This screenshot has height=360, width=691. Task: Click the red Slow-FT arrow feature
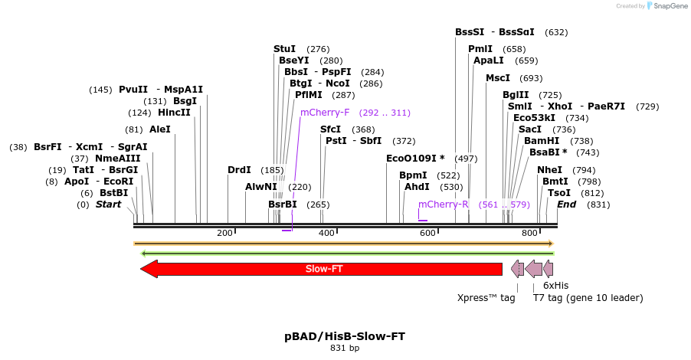[322, 269]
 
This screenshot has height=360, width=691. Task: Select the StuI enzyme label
[284, 49]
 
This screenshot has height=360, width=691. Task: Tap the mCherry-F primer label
[325, 113]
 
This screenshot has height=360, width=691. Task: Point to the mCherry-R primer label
[443, 205]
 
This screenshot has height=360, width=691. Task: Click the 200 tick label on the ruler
[224, 233]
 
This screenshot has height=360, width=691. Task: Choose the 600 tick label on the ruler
[427, 233]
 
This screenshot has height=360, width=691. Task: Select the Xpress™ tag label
[486, 298]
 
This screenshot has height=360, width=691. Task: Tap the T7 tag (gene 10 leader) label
[588, 298]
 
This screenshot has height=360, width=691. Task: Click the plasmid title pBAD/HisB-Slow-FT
[345, 336]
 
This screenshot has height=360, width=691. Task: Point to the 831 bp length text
[345, 348]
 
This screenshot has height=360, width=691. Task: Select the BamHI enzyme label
[542, 141]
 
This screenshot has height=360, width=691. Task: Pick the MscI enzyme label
[498, 78]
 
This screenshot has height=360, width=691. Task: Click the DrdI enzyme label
[239, 170]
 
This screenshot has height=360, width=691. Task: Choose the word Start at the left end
[108, 205]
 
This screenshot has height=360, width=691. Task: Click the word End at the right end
[567, 205]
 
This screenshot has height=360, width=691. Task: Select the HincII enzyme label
[174, 113]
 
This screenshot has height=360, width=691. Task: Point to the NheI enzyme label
[549, 170]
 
